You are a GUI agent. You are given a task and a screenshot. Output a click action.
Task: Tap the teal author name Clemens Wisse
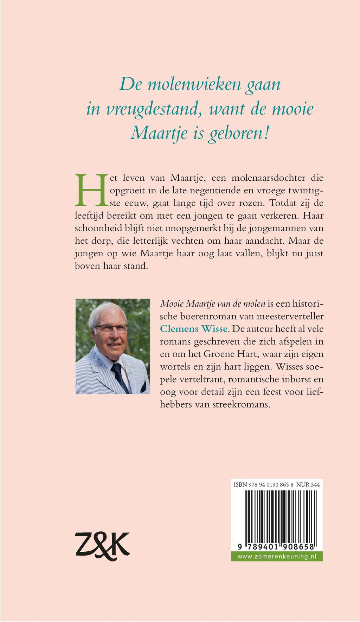tap(194, 329)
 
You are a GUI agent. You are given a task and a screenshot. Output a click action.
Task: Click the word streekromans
tap(241, 404)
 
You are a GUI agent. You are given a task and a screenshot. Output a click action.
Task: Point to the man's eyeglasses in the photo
tap(111, 329)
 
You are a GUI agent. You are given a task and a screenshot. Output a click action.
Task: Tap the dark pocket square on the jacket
tap(143, 387)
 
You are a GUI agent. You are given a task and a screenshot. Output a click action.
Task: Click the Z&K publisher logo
tap(102, 546)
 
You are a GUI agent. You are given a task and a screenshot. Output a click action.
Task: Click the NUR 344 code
tap(308, 485)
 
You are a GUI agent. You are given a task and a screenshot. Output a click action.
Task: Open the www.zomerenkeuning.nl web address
tap(277, 556)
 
